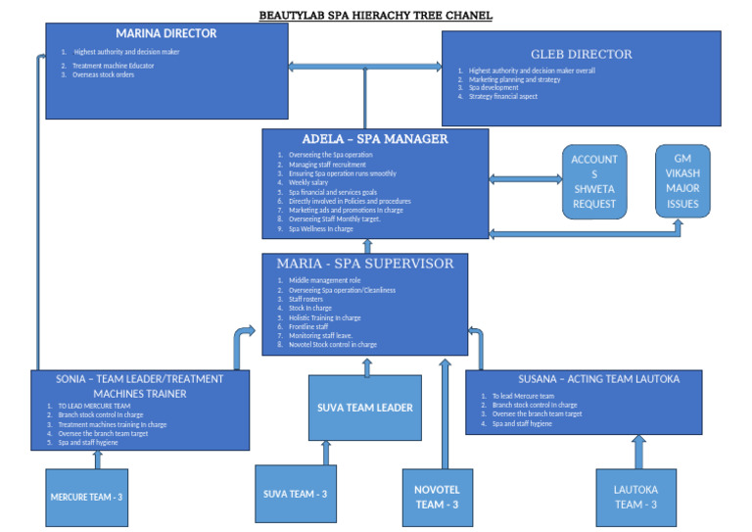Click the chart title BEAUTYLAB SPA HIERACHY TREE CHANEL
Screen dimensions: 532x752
pyautogui.click(x=376, y=16)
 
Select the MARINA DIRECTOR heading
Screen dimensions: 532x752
pyautogui.click(x=166, y=33)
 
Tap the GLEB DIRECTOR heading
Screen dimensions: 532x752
pyautogui.click(x=581, y=55)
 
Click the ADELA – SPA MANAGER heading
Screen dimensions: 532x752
pyautogui.click(x=375, y=139)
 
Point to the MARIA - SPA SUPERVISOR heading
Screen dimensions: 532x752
pyautogui.click(x=365, y=264)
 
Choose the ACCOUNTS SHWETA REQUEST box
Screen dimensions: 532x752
pyautogui.click(x=594, y=181)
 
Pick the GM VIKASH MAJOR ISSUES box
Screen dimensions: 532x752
pyautogui.click(x=682, y=181)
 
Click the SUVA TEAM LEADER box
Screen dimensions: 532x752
pyautogui.click(x=366, y=408)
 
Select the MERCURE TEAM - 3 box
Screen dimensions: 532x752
pyautogui.click(x=86, y=498)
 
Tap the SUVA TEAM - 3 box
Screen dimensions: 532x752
pyautogui.click(x=295, y=494)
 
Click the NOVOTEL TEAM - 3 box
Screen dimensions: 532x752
pyautogui.click(x=437, y=498)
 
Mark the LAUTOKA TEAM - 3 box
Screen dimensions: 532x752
pyautogui.click(x=635, y=497)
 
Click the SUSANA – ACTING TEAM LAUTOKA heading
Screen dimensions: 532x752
pyautogui.click(x=584, y=379)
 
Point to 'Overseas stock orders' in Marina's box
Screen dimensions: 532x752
pyautogui.click(x=103, y=74)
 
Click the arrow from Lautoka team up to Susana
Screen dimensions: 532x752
pyautogui.click(x=638, y=452)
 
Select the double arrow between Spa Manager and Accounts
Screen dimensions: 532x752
pyautogui.click(x=525, y=179)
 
